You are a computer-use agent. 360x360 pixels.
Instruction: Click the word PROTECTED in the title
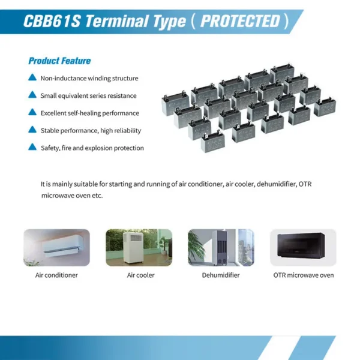(x=240, y=21)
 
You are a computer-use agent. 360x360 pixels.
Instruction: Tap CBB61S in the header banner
(x=52, y=21)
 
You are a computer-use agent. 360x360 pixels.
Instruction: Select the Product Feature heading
(x=59, y=61)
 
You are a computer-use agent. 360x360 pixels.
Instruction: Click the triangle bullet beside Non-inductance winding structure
(x=32, y=77)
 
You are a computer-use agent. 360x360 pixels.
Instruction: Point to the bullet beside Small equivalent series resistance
(x=32, y=95)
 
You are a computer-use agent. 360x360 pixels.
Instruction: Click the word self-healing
(x=83, y=113)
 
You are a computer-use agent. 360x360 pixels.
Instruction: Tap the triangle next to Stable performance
(x=32, y=130)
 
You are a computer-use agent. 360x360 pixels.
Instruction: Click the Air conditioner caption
(x=56, y=275)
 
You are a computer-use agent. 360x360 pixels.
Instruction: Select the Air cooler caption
(x=141, y=275)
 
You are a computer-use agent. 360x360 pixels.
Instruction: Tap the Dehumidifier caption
(x=221, y=275)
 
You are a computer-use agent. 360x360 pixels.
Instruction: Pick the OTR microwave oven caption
(x=304, y=275)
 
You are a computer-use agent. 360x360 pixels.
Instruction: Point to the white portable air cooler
(x=133, y=247)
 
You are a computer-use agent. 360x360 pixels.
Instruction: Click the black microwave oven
(x=301, y=245)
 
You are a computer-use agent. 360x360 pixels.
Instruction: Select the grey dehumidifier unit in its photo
(x=221, y=247)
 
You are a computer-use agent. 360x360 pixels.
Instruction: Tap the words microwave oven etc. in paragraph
(x=72, y=196)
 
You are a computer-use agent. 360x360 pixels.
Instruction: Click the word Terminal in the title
(x=117, y=21)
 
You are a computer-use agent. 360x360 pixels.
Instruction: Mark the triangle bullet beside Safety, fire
(x=32, y=147)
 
